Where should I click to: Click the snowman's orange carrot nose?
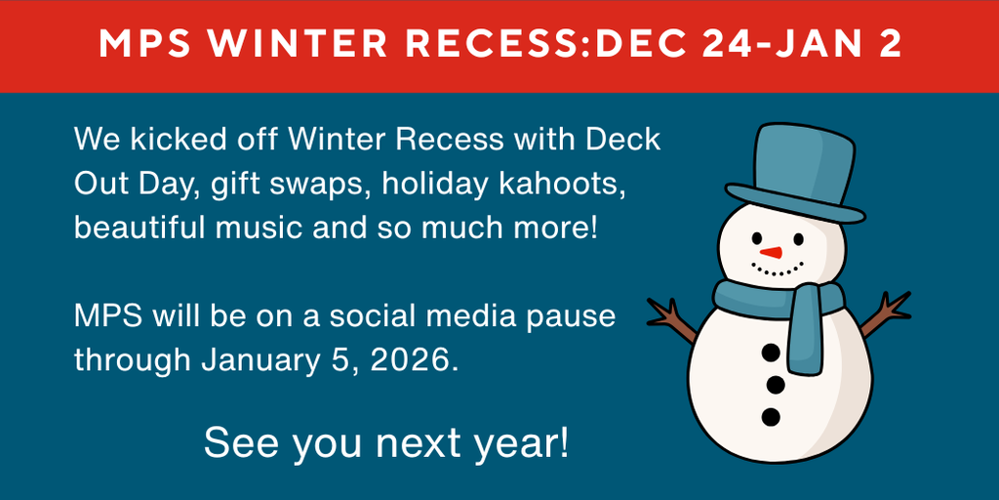(x=771, y=253)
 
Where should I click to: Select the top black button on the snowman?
(x=772, y=353)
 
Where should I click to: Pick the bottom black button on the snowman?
(x=771, y=417)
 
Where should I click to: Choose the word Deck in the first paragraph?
(x=622, y=140)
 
